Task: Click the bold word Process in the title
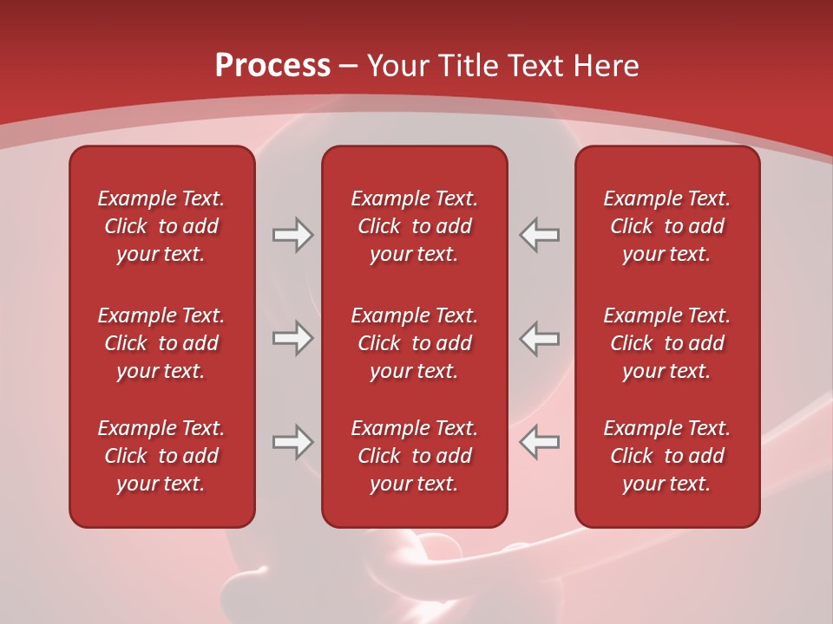point(272,66)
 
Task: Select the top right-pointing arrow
point(292,235)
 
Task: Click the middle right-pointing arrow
point(292,338)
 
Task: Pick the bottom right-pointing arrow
point(292,442)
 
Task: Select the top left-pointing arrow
point(540,235)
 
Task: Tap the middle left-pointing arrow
point(540,338)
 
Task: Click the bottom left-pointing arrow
point(540,442)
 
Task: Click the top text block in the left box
point(161,226)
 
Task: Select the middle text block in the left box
point(161,343)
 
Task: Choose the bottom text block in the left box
point(161,456)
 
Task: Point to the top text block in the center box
point(414,226)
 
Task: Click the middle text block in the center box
point(414,343)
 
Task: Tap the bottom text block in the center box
point(414,456)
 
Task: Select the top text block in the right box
point(666,226)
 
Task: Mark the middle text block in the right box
point(666,343)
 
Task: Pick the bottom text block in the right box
point(666,456)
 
